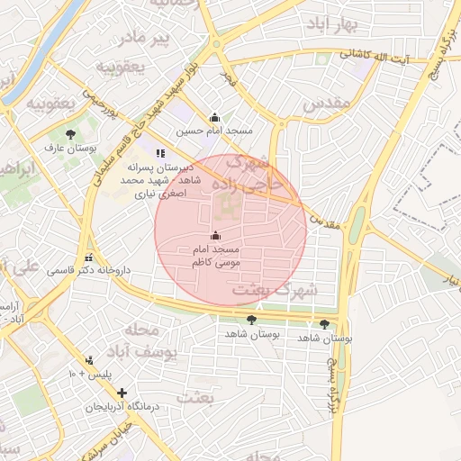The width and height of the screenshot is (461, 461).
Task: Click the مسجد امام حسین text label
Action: (214, 131)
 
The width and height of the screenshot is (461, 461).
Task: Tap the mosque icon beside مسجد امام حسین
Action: (214, 117)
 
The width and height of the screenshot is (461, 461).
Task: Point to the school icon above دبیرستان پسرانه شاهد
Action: (160, 153)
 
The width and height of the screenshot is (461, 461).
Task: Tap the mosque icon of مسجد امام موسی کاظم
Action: (214, 235)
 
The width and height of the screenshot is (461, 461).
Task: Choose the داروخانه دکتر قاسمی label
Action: (88, 270)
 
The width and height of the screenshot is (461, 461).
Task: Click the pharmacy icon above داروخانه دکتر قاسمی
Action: (88, 257)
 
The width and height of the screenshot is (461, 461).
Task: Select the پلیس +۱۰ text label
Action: (88, 373)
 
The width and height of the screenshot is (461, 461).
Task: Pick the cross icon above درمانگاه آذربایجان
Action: (122, 393)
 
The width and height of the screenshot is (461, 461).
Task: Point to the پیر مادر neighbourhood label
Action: (147, 38)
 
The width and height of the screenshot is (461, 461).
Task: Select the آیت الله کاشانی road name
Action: (382, 56)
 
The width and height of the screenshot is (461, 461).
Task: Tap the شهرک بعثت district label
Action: (275, 291)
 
